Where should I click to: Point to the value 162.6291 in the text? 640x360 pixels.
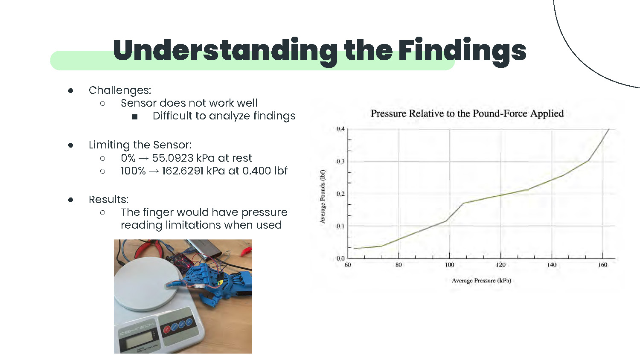pyautogui.click(x=183, y=171)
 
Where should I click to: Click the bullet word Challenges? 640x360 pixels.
pyautogui.click(x=120, y=90)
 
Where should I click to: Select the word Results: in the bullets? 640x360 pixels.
pyautogui.click(x=108, y=200)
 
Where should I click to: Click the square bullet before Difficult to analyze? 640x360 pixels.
pyautogui.click(x=135, y=116)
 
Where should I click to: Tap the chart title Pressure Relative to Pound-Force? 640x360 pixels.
pyautogui.click(x=467, y=113)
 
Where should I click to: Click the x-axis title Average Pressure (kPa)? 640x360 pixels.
pyautogui.click(x=481, y=281)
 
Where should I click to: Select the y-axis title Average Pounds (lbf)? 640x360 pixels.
pyautogui.click(x=323, y=197)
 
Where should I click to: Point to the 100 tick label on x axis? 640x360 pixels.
pyautogui.click(x=449, y=265)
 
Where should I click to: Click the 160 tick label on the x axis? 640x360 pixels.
pyautogui.click(x=602, y=265)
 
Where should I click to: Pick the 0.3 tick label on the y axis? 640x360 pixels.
pyautogui.click(x=340, y=161)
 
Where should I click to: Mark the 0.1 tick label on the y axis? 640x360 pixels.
pyautogui.click(x=340, y=226)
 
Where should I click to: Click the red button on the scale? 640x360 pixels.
pyautogui.click(x=167, y=329)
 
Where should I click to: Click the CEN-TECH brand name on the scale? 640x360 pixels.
pyautogui.click(x=137, y=329)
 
